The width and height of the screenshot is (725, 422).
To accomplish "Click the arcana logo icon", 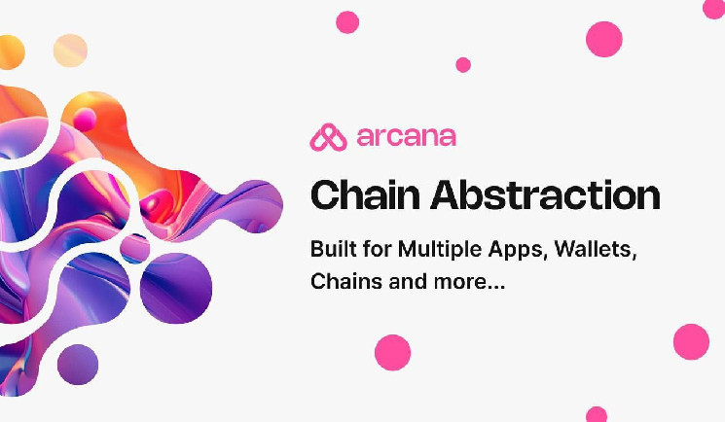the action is tap(328, 137).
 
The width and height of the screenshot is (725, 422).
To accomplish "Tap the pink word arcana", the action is tap(407, 137).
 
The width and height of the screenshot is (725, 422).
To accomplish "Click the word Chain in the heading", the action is tap(365, 195).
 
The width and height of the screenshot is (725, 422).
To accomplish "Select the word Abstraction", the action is tap(545, 195).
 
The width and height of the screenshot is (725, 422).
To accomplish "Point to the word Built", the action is tap(334, 249).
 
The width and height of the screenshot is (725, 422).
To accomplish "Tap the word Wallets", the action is tap(596, 250).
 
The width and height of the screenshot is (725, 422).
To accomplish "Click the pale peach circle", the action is tap(70, 51).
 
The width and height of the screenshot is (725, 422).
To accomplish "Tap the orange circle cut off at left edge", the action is tap(11, 53).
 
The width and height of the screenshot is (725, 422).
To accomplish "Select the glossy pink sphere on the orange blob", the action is tap(85, 120).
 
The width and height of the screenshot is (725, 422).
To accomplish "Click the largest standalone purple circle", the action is tap(176, 288).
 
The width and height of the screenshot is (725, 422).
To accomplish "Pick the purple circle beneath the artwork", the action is tap(78, 365).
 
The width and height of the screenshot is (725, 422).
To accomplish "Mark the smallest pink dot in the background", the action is tap(463, 65).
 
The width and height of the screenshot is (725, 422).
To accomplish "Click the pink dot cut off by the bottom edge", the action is tap(597, 414).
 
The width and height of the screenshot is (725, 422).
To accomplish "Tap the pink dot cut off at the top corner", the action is tap(714, 8).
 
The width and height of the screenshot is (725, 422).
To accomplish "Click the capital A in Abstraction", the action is tap(447, 194).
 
